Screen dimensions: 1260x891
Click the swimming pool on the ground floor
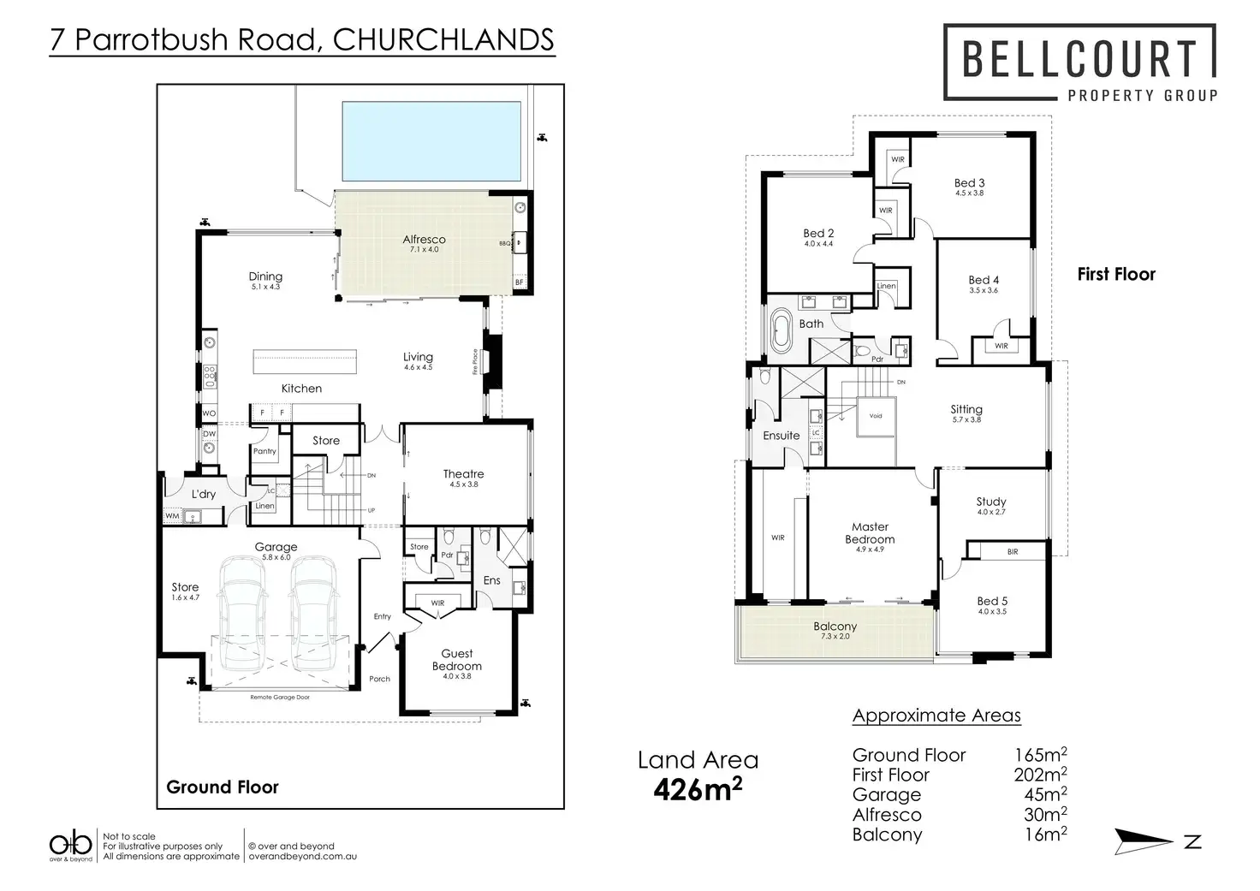coord(431,141)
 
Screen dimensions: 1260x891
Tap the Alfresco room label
coord(424,240)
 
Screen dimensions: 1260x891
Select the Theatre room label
coord(463,474)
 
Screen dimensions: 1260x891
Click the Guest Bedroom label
coord(456,660)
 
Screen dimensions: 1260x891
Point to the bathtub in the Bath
coord(781,331)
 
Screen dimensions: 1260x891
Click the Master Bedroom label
coord(870,533)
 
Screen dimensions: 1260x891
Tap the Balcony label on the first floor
coord(835,627)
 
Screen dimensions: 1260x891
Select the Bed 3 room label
coord(969,183)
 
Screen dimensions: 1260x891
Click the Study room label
coord(990,502)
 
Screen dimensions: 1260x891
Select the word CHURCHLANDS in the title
coord(443,39)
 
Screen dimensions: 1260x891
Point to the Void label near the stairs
coord(875,416)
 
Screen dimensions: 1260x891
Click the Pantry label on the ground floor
coord(264,451)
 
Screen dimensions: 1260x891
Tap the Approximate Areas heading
coord(936,716)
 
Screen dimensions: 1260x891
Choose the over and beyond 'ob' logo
coord(70,843)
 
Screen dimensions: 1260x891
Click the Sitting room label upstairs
coord(966,410)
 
